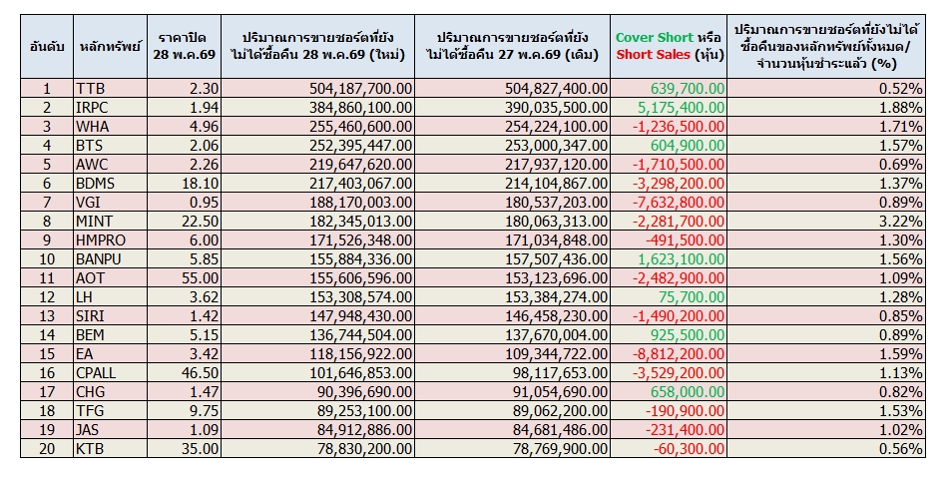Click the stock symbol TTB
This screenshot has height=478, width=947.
90,89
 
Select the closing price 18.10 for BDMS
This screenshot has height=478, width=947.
200,184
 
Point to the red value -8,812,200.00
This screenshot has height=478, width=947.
679,354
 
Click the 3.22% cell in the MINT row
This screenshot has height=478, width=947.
900,222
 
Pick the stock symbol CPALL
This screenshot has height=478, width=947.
96,373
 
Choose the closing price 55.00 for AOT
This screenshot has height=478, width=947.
200,278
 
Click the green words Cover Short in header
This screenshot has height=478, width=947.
654,38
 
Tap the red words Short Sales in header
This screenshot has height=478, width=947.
653,55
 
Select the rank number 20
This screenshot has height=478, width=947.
47,449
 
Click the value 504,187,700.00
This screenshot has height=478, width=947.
360,89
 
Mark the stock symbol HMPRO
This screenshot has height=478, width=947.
100,240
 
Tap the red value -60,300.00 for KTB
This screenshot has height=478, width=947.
689,449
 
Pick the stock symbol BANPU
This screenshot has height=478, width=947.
99,259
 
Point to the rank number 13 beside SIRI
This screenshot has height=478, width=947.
47,316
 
